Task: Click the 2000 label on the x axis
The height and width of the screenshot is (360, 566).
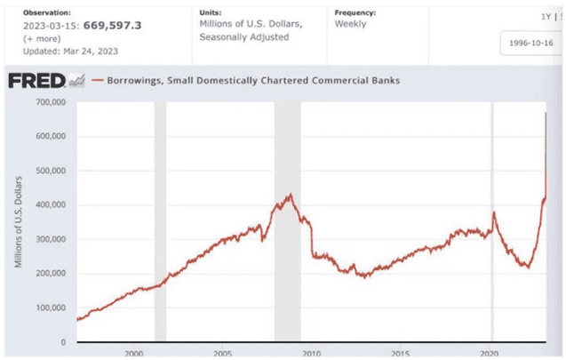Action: (134, 353)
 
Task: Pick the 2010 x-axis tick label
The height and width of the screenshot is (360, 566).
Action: (311, 353)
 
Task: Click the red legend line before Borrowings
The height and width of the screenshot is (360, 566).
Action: (97, 80)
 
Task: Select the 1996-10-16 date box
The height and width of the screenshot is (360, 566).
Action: (531, 43)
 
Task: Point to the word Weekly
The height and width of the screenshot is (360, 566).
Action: (350, 24)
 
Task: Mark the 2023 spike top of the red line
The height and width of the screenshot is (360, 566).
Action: (545, 113)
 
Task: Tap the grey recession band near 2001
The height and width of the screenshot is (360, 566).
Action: (160, 222)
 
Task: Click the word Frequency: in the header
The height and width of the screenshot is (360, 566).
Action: (355, 13)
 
